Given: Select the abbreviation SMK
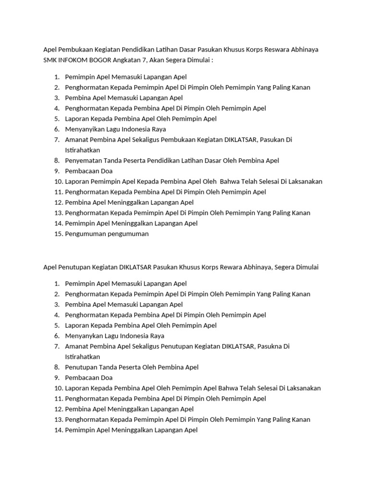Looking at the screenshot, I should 50,60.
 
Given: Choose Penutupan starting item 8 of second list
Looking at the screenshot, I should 80,367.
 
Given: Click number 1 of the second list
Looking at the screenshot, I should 57,284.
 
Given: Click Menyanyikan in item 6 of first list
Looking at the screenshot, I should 84,129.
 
